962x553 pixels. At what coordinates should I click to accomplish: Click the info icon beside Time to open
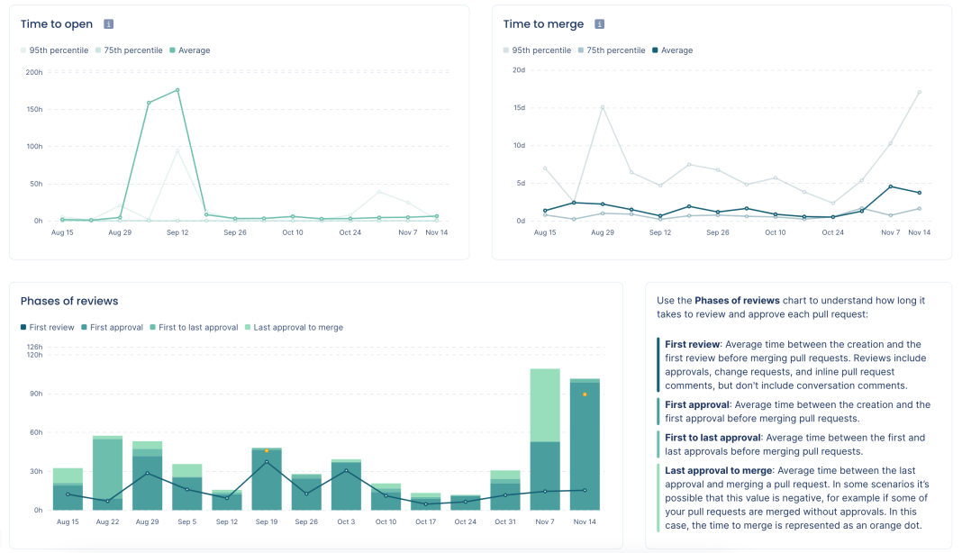click(108, 24)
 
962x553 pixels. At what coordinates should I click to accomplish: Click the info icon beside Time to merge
click(600, 24)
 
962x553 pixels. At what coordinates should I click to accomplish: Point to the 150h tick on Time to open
click(33, 109)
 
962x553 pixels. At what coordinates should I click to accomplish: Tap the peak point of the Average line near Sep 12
click(177, 90)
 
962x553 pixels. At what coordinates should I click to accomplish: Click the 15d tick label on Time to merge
click(518, 107)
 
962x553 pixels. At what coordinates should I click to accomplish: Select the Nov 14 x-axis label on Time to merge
click(919, 232)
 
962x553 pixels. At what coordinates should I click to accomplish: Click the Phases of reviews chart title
click(69, 301)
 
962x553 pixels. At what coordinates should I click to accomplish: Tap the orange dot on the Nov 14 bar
click(585, 394)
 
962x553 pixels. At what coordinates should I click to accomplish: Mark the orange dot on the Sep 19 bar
click(266, 450)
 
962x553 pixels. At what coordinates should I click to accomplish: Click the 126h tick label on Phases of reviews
click(34, 347)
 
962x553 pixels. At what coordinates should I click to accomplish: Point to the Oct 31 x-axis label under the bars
click(505, 522)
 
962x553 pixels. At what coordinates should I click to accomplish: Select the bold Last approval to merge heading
click(719, 470)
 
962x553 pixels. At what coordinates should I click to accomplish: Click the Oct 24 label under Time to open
click(350, 232)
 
